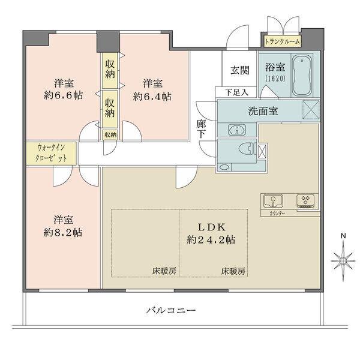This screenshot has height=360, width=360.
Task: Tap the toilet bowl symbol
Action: [x=247, y=149]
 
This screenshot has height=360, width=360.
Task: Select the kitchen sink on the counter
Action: [x=273, y=200]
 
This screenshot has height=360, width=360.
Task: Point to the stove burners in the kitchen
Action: [x=306, y=200]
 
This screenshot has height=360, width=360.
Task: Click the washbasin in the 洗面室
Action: [x=237, y=130]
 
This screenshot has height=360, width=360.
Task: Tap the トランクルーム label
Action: [x=282, y=42]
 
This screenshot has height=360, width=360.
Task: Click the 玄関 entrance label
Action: [x=240, y=70]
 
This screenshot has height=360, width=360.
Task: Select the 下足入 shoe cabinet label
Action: [x=237, y=92]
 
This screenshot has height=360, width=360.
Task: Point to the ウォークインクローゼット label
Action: [x=51, y=153]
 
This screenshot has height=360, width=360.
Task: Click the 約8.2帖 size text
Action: [x=63, y=233]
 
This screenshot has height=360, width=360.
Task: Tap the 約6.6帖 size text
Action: [x=64, y=95]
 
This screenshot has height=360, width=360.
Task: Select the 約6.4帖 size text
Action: [x=152, y=97]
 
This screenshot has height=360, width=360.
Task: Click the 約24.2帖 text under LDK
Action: [x=211, y=240]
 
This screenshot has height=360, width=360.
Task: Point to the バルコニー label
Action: [x=171, y=311]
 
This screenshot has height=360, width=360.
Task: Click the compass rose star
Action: [x=343, y=261]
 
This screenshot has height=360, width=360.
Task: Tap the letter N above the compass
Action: [x=343, y=236]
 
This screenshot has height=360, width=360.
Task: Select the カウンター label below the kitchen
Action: [x=277, y=213]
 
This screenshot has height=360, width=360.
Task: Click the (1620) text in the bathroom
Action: [x=275, y=78]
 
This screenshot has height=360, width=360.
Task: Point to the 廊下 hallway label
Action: [x=202, y=129]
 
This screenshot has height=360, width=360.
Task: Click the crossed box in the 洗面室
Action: [x=311, y=110]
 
